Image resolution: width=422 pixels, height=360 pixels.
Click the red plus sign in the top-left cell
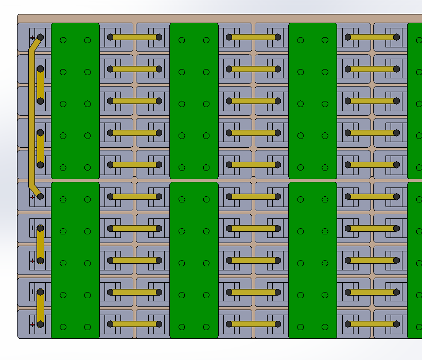click(x=32, y=38)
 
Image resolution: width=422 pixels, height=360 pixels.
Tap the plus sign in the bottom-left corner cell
click(x=32, y=324)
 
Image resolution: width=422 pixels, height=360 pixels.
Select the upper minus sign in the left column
click(x=32, y=228)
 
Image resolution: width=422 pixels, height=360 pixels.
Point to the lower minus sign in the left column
click(x=32, y=292)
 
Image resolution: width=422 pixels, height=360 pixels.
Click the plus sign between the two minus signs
click(x=32, y=261)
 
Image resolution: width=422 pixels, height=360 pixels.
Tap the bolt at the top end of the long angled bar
click(x=40, y=38)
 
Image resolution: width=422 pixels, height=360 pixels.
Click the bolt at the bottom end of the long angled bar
click(x=40, y=196)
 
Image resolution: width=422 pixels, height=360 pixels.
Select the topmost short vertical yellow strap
click(x=40, y=85)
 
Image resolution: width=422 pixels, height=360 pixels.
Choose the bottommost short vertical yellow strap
click(x=40, y=309)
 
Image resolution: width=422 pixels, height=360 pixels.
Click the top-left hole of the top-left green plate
click(x=63, y=40)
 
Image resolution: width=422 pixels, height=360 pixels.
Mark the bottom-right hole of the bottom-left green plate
click(x=87, y=327)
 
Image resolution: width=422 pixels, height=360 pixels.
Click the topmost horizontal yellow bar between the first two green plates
click(x=134, y=37)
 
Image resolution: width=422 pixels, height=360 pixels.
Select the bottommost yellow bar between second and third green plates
click(x=253, y=324)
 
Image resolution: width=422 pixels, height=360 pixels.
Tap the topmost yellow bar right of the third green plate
click(x=372, y=37)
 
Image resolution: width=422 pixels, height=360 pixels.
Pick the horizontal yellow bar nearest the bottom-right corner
click(x=372, y=324)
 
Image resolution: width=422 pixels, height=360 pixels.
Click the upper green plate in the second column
click(x=194, y=100)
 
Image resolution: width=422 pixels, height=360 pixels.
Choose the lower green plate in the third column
click(x=312, y=260)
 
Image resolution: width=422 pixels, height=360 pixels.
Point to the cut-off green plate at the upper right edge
click(x=415, y=100)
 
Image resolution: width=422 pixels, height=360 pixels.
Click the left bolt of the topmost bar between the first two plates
click(x=110, y=37)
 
